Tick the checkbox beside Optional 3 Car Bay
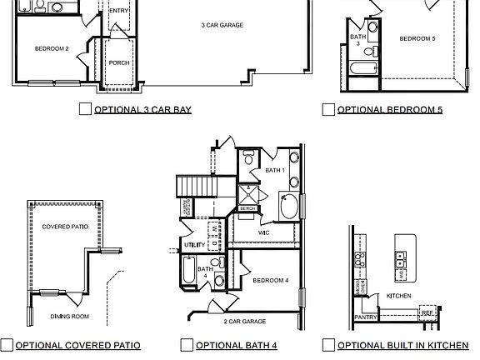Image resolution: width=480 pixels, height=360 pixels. (84, 108)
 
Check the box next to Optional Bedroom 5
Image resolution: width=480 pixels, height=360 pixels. (328, 109)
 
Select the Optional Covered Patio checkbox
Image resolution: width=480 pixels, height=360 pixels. (7, 345)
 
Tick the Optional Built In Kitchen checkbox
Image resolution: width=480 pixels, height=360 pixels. (328, 345)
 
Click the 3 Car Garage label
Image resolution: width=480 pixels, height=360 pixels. (222, 26)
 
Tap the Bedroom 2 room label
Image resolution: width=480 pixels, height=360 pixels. (52, 48)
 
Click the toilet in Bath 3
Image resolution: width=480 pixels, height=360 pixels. (372, 27)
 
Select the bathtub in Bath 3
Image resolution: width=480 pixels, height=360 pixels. (364, 69)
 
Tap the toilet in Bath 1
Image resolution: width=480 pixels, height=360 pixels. (248, 157)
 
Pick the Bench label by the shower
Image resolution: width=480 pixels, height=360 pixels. (247, 207)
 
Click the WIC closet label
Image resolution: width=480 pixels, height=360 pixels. (263, 232)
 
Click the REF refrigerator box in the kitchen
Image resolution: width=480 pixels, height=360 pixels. (427, 312)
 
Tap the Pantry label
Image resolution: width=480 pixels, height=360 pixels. (364, 317)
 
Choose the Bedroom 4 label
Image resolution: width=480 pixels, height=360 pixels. (270, 280)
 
